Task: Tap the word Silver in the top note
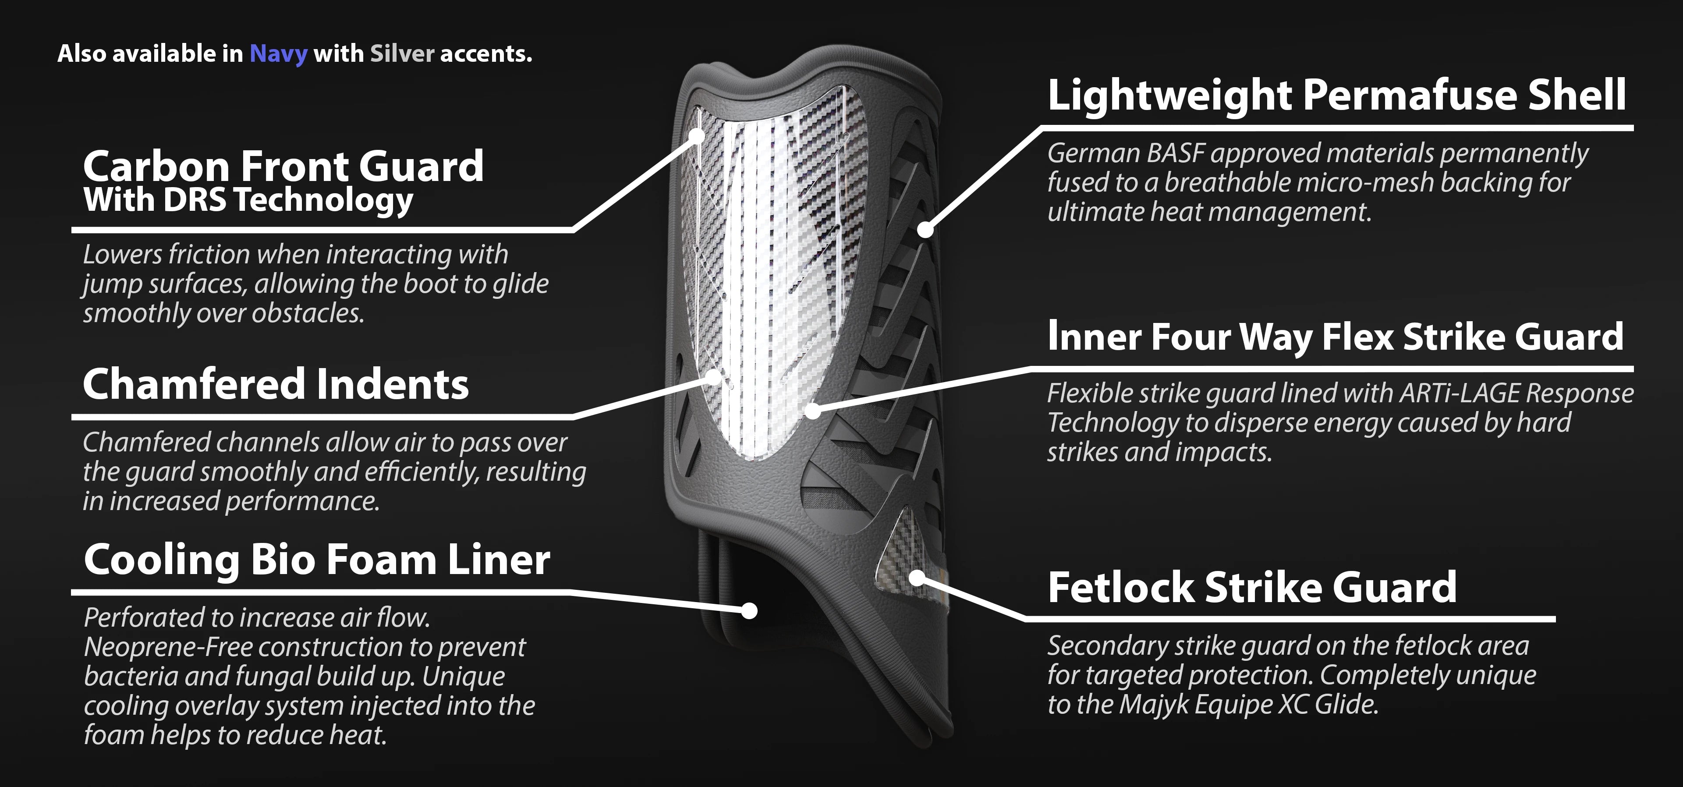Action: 402,53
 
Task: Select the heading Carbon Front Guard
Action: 283,166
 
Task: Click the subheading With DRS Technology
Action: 248,200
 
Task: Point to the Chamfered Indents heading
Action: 276,384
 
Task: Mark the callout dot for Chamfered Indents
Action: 716,377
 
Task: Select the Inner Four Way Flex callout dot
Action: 812,411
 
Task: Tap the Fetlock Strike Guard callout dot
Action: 917,578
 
